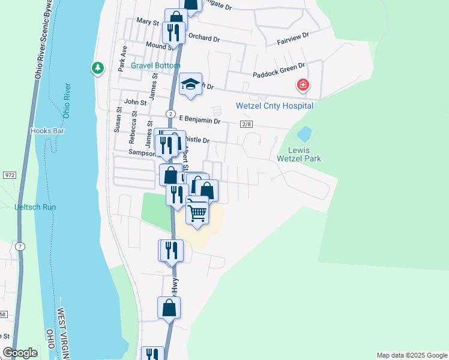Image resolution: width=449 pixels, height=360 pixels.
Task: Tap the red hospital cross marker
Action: (x=303, y=85)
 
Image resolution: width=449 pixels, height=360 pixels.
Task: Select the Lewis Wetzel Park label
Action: (x=299, y=154)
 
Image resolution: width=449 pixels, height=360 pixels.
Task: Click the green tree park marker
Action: (x=97, y=68)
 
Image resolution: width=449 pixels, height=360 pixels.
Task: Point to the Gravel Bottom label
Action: (x=157, y=65)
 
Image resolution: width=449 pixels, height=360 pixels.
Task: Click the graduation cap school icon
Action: (x=190, y=85)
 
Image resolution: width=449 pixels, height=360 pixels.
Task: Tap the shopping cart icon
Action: (x=197, y=212)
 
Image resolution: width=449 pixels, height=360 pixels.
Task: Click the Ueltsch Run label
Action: (x=35, y=207)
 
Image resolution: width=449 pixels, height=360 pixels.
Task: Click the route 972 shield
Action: (x=9, y=175)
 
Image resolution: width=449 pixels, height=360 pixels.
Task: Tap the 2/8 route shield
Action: (x=246, y=124)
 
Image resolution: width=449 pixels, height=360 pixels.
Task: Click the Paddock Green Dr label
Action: (x=279, y=70)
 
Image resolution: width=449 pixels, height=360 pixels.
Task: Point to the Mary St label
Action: (x=147, y=22)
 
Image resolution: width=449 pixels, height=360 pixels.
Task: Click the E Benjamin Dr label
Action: (x=196, y=120)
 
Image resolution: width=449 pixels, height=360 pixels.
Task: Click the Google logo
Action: (x=20, y=353)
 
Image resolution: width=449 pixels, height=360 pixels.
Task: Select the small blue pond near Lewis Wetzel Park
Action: (x=304, y=133)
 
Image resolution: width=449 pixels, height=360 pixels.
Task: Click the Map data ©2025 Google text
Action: (x=411, y=355)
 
